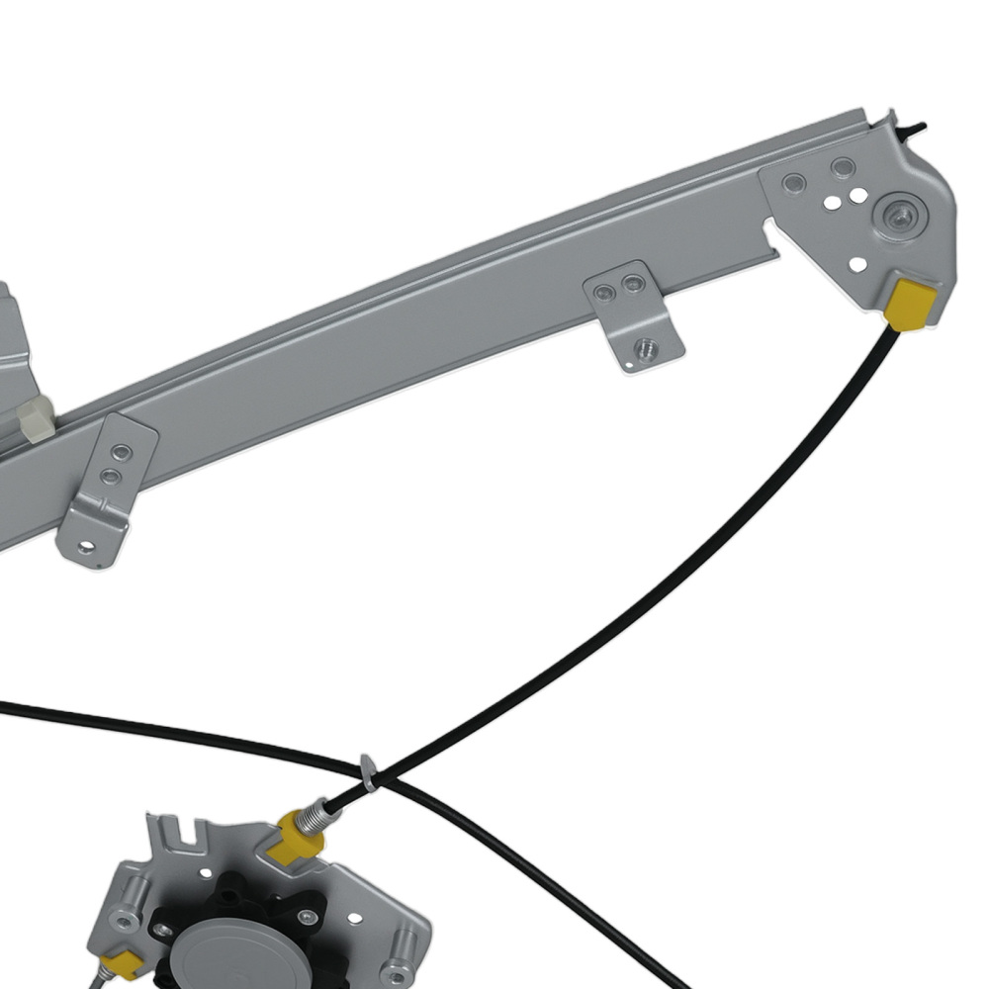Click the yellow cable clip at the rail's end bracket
tap(909, 304)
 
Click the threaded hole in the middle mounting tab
tap(646, 348)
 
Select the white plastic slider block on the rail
tap(35, 417)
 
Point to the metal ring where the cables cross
tap(369, 774)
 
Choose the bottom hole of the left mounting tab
tap(87, 545)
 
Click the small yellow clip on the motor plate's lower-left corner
tap(123, 962)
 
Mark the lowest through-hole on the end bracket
tap(857, 264)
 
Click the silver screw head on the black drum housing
tap(306, 917)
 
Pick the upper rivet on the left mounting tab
tap(121, 452)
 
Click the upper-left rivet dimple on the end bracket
tap(793, 183)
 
